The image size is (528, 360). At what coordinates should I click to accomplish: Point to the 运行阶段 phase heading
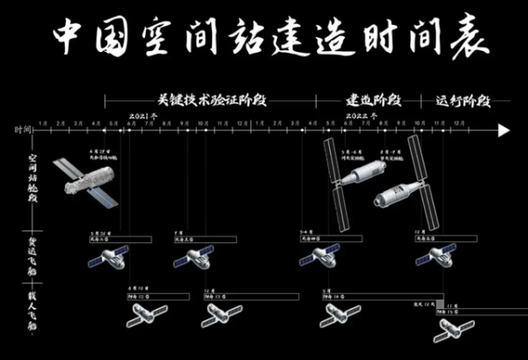point(461,100)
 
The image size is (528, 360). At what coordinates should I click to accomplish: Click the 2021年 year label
point(143,116)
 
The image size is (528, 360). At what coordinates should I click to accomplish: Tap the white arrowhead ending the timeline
point(503,130)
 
